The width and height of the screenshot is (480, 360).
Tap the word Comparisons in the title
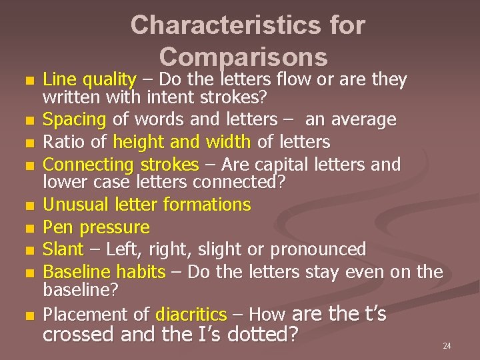(x=244, y=57)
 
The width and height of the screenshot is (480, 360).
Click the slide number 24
(x=447, y=346)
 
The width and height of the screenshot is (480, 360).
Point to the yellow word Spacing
(x=74, y=120)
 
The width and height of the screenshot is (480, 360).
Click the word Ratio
(x=60, y=142)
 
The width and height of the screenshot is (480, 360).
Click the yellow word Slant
(x=63, y=249)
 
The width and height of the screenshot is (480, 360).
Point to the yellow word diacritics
(x=191, y=314)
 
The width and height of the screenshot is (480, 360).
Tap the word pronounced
(x=318, y=249)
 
